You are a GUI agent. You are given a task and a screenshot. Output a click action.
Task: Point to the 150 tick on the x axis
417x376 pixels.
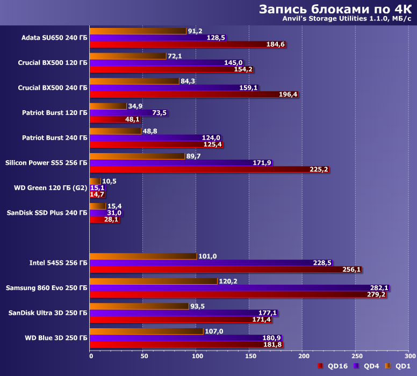coord(249,356)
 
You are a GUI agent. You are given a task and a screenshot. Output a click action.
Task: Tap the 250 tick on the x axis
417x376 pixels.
coord(355,356)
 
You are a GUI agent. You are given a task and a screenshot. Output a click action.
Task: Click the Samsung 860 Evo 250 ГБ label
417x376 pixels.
coord(46,288)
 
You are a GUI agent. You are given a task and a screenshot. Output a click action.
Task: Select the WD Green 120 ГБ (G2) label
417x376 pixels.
coord(51,188)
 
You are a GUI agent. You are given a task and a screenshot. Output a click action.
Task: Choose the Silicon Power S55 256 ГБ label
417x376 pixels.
coord(46,163)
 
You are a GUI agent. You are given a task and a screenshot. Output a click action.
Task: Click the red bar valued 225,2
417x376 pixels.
coord(209,170)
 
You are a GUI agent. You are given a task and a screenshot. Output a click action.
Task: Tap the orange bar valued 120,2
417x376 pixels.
coord(153,281)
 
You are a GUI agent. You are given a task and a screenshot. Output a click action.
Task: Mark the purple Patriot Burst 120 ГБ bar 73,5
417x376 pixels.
coord(113,113)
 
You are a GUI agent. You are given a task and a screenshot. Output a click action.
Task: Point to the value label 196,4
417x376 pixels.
coord(289,95)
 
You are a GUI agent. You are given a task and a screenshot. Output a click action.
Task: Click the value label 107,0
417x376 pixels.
coord(215,331)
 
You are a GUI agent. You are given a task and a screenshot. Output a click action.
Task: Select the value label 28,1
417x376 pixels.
coord(111,220)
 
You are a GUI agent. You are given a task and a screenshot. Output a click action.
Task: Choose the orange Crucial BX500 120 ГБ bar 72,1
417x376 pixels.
coord(128,56)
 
